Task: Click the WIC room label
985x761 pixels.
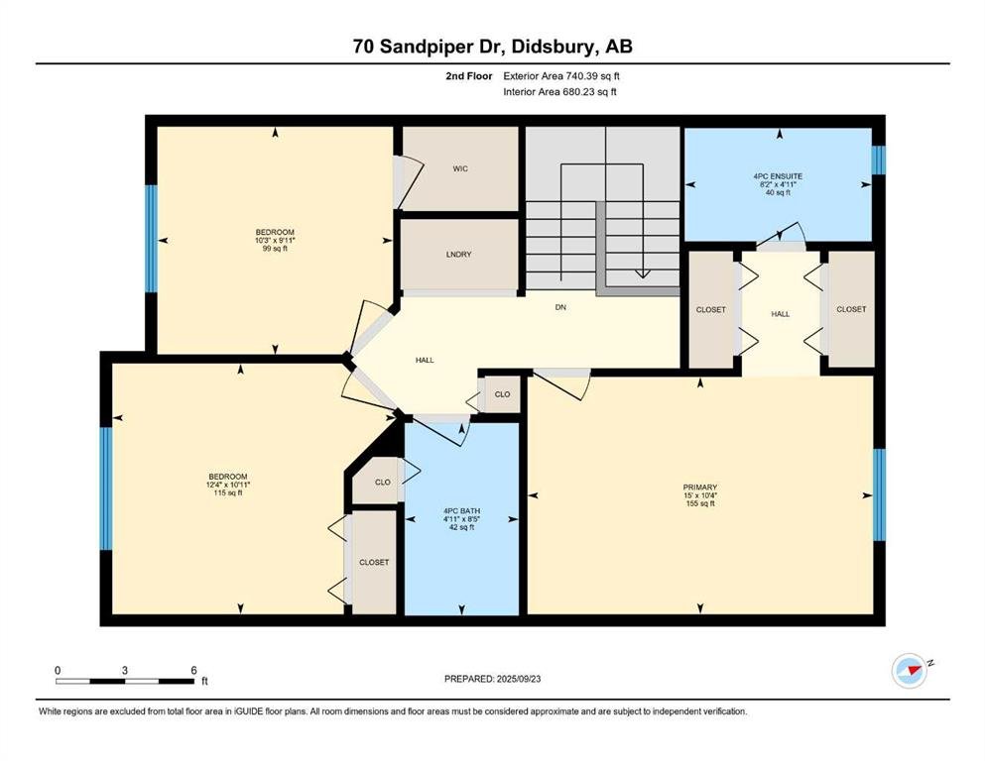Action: [460, 168]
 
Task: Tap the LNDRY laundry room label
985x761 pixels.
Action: [458, 254]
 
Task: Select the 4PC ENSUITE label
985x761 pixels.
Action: [778, 176]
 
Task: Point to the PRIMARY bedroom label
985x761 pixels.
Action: [699, 487]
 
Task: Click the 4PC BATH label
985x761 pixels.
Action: [461, 510]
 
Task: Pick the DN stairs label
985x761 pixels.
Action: [560, 307]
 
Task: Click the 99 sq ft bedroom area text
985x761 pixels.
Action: [275, 249]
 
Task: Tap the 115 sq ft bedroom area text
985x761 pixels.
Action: [228, 493]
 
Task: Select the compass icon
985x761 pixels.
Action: [910, 671]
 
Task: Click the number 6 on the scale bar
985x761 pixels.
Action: [193, 670]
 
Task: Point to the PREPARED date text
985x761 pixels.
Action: [492, 679]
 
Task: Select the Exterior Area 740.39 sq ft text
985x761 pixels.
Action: [561, 76]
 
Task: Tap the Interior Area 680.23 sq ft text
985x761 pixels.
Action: [559, 91]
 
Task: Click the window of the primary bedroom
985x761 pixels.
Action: [880, 495]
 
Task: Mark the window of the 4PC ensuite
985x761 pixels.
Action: [879, 160]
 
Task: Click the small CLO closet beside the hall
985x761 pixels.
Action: [502, 394]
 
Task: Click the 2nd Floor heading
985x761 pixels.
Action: [468, 76]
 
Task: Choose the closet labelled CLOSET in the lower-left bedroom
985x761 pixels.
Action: [374, 562]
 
